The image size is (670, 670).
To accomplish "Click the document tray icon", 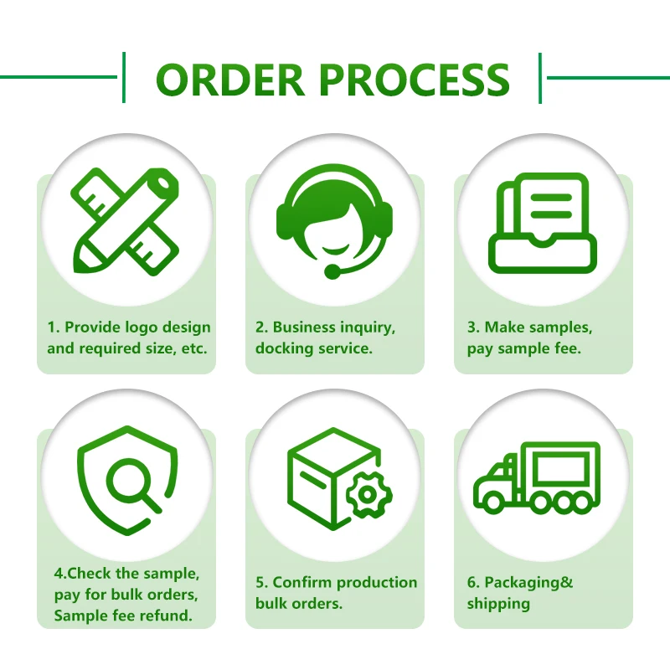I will (x=543, y=224).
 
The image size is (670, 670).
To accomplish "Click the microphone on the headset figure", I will (x=332, y=271).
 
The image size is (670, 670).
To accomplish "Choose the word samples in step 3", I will (x=562, y=327).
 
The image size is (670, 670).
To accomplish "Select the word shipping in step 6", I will (x=499, y=603).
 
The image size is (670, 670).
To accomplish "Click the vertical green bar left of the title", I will (x=124, y=77).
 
